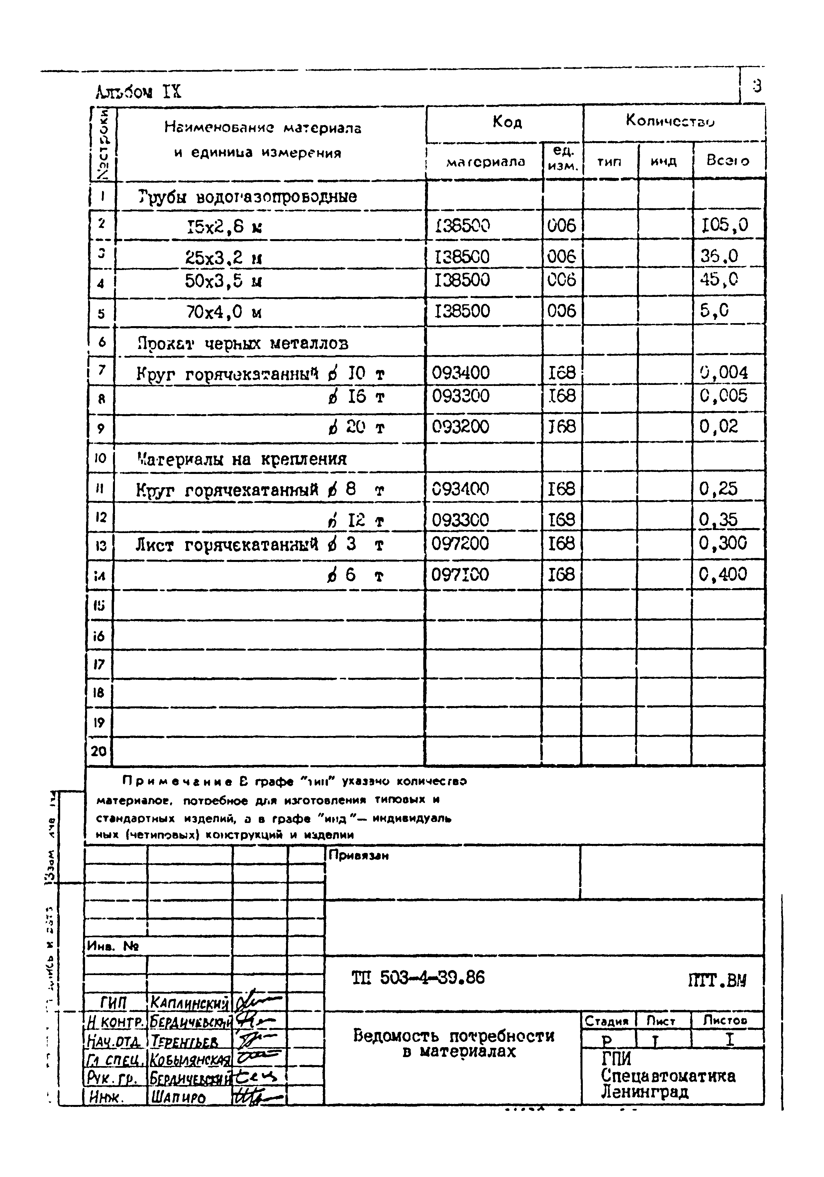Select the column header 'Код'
coord(507,122)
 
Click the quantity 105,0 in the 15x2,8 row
coord(725,225)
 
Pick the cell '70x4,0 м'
coord(224,312)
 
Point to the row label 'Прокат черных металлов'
coord(243,343)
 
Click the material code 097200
coord(461,543)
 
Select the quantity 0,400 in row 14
coord(723,574)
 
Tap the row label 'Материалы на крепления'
coord(242,458)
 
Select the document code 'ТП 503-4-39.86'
coord(418,978)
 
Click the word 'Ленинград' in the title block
coord(645,1092)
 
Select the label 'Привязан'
coord(359,856)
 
